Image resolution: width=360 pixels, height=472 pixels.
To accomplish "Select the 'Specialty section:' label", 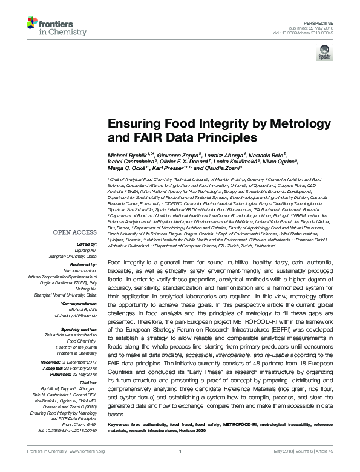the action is (80, 329).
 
